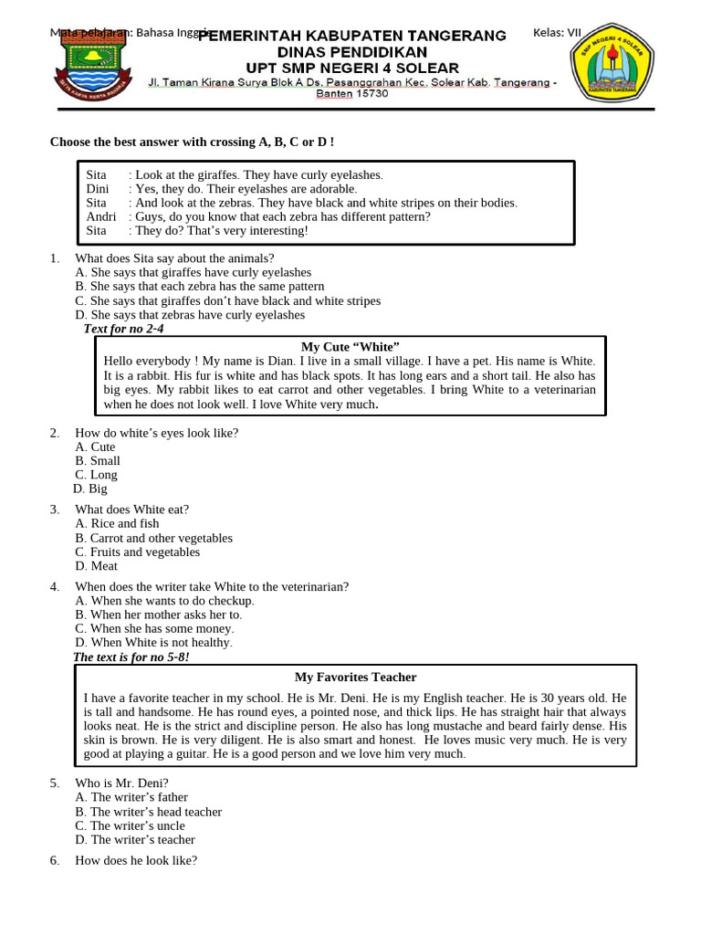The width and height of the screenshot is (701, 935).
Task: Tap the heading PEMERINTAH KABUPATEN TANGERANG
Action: [352, 36]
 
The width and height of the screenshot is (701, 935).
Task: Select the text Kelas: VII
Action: [557, 33]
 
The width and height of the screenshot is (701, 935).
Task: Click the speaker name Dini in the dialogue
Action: [98, 188]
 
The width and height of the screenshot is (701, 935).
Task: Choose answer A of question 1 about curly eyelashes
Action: [194, 272]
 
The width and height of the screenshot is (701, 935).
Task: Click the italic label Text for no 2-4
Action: [124, 329]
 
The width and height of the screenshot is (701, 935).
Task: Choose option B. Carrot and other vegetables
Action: [154, 538]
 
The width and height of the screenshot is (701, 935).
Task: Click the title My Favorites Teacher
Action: [355, 677]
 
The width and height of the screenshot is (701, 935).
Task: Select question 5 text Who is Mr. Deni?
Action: [121, 783]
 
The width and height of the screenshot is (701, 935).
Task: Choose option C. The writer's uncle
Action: [131, 825]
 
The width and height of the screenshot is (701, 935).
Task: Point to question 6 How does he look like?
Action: [136, 860]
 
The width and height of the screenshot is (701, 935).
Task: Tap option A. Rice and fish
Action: [118, 523]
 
